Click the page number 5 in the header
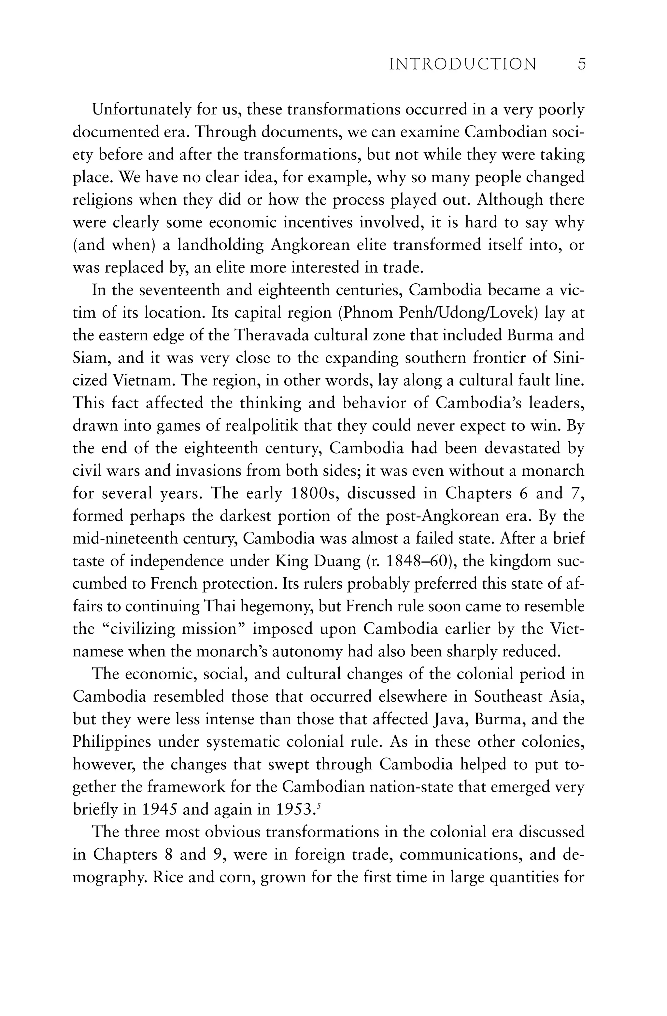pyautogui.click(x=582, y=65)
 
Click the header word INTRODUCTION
pyautogui.click(x=463, y=65)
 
